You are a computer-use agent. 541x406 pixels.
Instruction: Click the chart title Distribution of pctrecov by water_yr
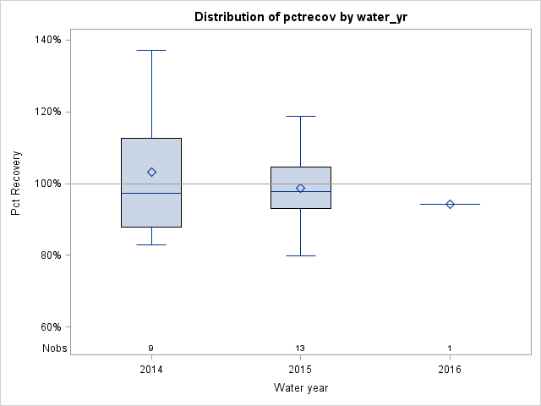click(x=300, y=17)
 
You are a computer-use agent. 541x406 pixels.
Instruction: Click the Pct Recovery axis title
click(x=16, y=184)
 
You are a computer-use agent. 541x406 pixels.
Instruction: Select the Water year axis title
click(x=300, y=388)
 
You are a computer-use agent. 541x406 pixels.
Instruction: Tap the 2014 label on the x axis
click(x=151, y=370)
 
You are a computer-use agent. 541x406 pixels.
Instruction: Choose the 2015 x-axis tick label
click(x=300, y=370)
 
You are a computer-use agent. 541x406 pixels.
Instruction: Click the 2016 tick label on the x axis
click(x=450, y=370)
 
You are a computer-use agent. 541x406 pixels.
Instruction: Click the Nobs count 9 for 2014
click(x=151, y=348)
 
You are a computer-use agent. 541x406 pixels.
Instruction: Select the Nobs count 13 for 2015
click(x=300, y=348)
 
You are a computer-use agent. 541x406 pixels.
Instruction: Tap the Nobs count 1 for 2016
click(x=450, y=348)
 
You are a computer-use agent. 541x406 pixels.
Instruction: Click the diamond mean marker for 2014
click(x=151, y=172)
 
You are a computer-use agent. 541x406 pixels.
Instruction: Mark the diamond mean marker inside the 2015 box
click(x=300, y=188)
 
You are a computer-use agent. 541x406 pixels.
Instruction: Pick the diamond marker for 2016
click(x=450, y=204)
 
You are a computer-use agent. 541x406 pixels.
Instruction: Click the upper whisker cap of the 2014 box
click(x=151, y=50)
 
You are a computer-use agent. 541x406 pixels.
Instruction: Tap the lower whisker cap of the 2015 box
click(x=300, y=255)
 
